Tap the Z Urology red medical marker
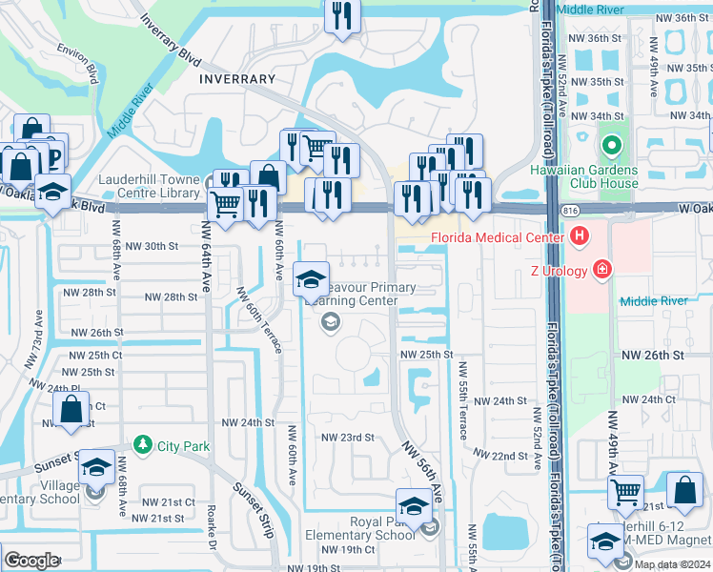[x=601, y=271]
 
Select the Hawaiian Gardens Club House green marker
[x=611, y=146]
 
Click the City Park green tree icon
[x=142, y=444]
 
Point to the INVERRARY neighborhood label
[x=237, y=79]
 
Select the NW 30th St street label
[x=153, y=246]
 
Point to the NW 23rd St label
[x=347, y=438]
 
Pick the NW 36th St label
[x=593, y=37]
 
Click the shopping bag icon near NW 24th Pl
[x=71, y=411]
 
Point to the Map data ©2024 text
[x=672, y=564]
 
